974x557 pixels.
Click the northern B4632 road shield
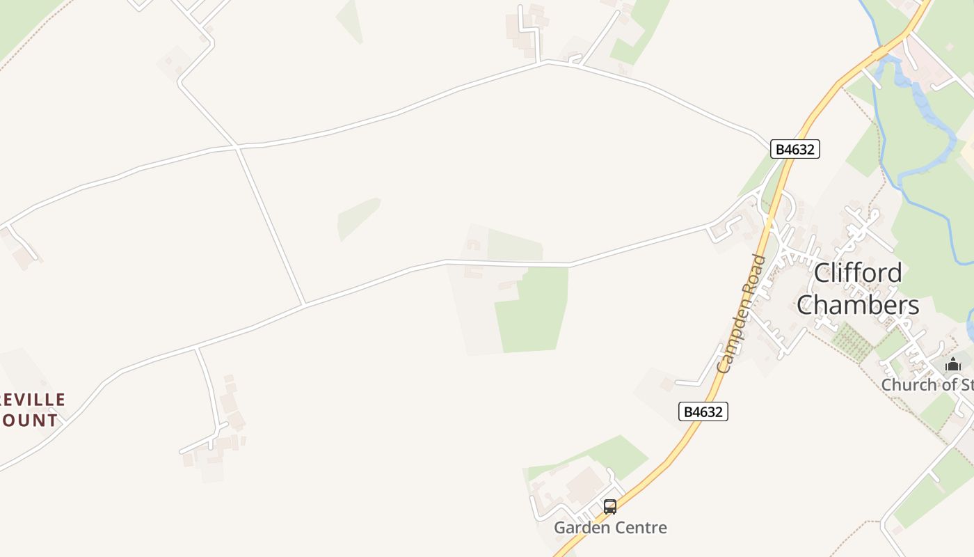coord(795,149)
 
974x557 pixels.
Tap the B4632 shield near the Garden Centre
coord(703,411)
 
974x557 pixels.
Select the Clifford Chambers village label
coord(858,289)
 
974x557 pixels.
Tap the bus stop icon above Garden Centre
coord(610,507)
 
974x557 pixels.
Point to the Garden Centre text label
coord(610,528)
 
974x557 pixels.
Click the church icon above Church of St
coord(952,364)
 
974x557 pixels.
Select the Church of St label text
coord(927,384)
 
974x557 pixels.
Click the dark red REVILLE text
coord(33,400)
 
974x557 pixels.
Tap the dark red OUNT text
coord(29,421)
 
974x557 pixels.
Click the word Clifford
coord(858,273)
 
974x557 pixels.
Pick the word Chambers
coord(858,305)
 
